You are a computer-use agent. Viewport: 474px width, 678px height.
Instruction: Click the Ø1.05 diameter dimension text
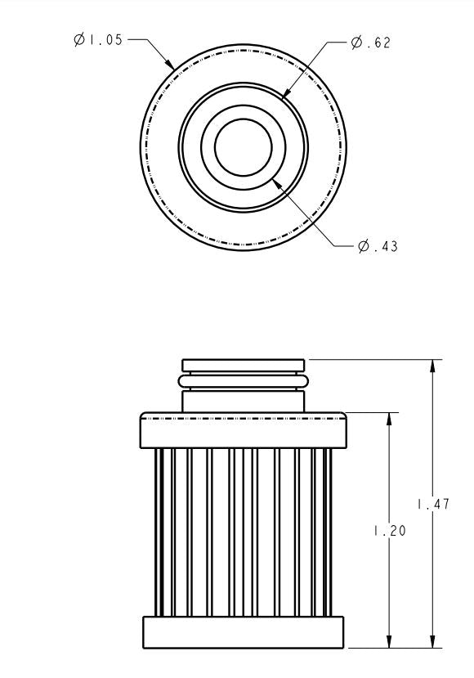tap(98, 39)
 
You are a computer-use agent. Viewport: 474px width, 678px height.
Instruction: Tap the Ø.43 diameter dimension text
tap(378, 245)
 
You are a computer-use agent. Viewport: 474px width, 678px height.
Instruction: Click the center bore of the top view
tap(243, 147)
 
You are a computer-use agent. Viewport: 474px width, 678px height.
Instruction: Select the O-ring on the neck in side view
tap(243, 380)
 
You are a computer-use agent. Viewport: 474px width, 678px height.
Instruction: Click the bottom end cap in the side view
tap(243, 631)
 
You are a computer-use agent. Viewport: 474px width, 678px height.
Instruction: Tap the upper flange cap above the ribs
tap(243, 429)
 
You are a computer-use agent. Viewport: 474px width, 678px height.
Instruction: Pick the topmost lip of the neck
tap(243, 365)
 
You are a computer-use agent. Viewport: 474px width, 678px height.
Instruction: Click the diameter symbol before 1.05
tap(79, 39)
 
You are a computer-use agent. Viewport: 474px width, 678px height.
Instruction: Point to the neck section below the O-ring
tap(243, 401)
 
